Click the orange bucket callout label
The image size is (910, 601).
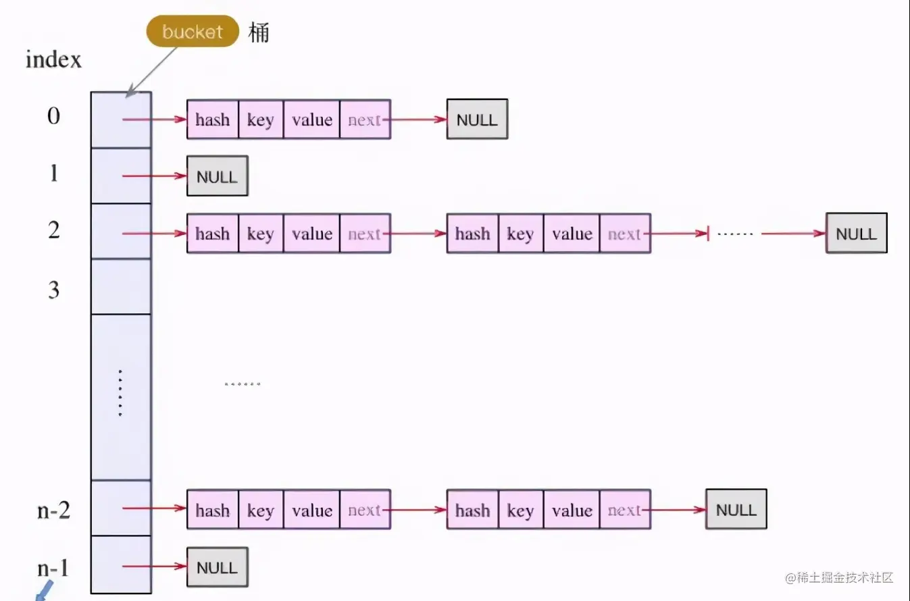[x=193, y=32]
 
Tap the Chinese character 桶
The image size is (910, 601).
[x=259, y=32]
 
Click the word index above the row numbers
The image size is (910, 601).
[x=53, y=59]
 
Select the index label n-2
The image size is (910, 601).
[x=53, y=510]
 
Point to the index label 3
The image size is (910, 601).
[x=53, y=290]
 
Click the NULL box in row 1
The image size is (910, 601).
[x=217, y=176]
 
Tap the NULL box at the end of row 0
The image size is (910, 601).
[x=476, y=120]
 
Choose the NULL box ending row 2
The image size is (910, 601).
[x=856, y=234]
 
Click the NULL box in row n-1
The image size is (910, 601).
[x=217, y=567]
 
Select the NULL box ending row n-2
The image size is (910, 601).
[x=736, y=509]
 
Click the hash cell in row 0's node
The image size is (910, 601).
[x=212, y=120]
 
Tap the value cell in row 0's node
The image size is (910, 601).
[x=311, y=120]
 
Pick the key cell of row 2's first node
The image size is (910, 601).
[x=260, y=234]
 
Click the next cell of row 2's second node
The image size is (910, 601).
[x=624, y=234]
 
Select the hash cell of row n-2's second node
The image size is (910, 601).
[x=472, y=510]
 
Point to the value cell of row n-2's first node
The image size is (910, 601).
[x=311, y=510]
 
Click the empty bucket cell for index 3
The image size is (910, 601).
[x=121, y=286]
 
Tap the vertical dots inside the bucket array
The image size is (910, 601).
[x=120, y=393]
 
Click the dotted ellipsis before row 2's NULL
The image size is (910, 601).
[x=734, y=234]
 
